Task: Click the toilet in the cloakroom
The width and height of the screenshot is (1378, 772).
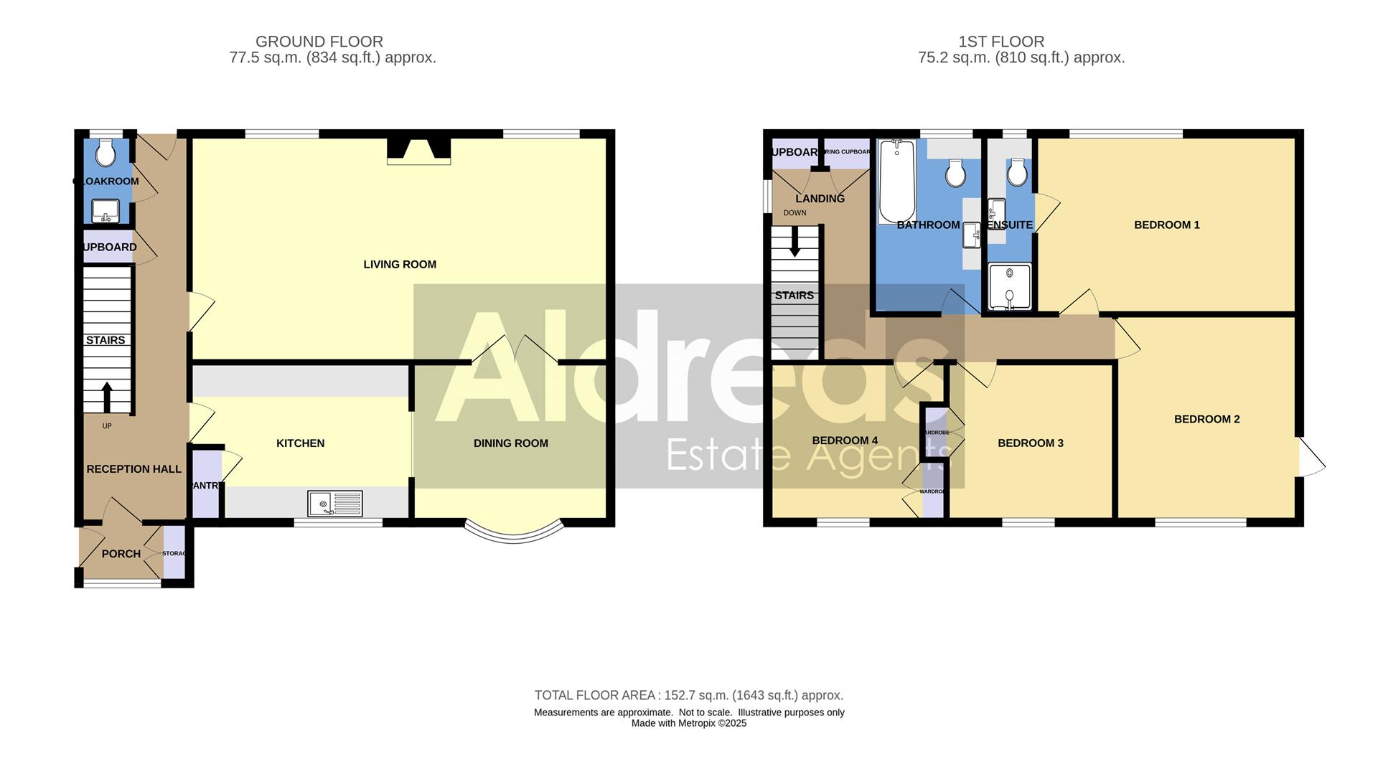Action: tap(106, 153)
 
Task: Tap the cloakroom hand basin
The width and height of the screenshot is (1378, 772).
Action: tap(106, 210)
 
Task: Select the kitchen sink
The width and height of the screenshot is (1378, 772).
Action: tap(334, 503)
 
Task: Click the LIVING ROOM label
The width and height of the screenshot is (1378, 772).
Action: tap(400, 264)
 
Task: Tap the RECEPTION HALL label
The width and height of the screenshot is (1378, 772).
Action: tap(133, 469)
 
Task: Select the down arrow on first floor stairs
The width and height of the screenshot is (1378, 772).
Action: tap(795, 243)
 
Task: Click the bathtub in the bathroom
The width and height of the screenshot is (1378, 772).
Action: tap(896, 182)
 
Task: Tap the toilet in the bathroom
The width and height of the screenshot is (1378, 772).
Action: tap(955, 173)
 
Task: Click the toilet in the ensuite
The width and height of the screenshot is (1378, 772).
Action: tap(1016, 172)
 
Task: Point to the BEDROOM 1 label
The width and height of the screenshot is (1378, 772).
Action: tap(1166, 225)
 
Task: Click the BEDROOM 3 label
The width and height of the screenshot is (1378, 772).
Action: tap(1030, 443)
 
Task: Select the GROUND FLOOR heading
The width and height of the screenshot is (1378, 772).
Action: tap(319, 42)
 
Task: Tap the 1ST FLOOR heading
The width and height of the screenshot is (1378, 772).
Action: tap(1000, 42)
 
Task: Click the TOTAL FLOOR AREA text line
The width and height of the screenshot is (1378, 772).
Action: tap(688, 695)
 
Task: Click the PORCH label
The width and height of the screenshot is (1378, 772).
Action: tap(121, 554)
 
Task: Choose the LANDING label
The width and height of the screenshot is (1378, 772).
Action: tap(820, 199)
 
